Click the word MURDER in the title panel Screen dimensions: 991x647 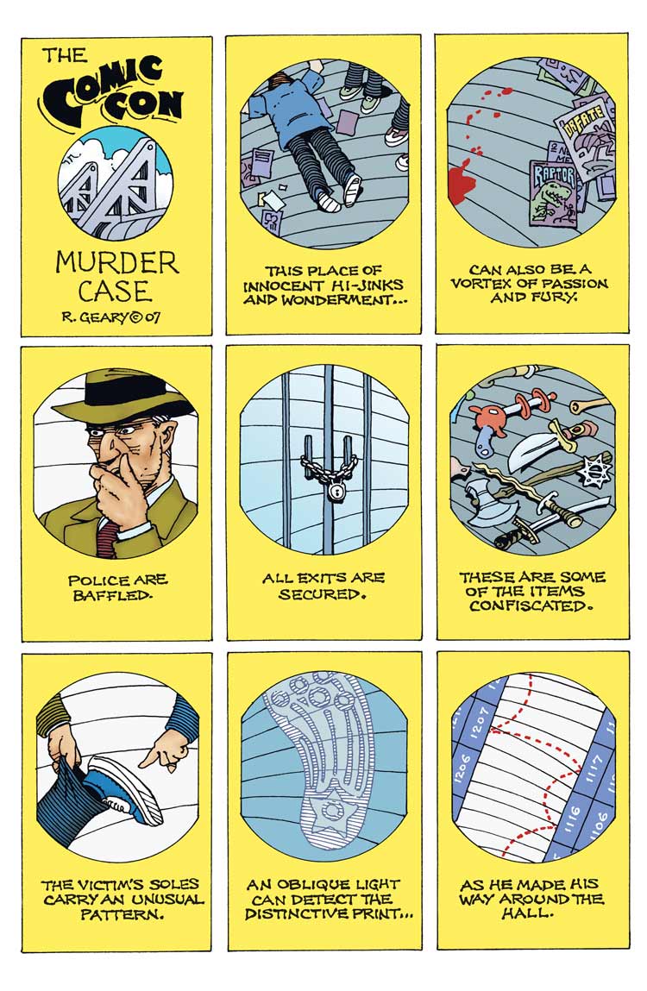[116, 262]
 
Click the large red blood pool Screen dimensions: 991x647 [460, 181]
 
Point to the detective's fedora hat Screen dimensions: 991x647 [119, 397]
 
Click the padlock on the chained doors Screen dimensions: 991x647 [333, 491]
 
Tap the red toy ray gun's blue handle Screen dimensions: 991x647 [484, 443]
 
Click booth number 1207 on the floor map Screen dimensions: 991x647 [479, 722]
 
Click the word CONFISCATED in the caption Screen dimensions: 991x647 [532, 606]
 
